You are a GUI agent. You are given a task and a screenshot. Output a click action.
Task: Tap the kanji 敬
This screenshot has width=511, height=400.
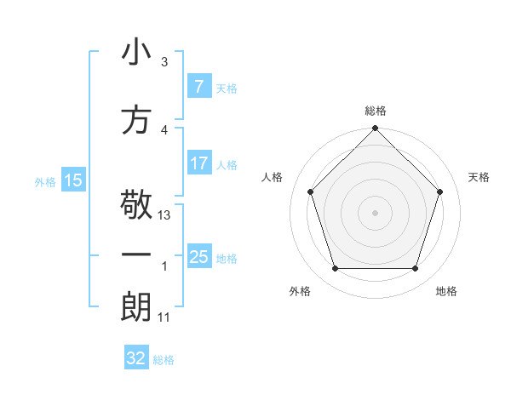pos(136,205)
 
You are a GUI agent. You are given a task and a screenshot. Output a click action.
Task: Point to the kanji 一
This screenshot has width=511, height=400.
pos(136,254)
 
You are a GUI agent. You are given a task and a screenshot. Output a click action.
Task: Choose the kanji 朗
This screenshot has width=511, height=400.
pos(136,306)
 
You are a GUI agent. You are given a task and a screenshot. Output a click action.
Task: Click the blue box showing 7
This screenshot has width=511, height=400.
pos(198,87)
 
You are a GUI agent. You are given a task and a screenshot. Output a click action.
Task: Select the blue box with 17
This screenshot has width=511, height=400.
pos(198,163)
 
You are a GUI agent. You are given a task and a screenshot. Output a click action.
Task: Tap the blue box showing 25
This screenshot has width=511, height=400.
pos(198,257)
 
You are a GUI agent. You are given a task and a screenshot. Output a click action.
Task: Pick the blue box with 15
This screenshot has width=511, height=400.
pos(72,180)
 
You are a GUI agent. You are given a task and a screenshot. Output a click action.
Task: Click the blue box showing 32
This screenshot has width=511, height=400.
pos(136,358)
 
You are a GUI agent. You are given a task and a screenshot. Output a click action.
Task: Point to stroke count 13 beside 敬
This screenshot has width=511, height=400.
pos(165,215)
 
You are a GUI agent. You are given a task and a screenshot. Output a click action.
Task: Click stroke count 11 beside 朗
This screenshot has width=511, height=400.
pos(164,317)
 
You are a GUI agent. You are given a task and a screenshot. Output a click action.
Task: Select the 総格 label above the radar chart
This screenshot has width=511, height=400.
pos(376,111)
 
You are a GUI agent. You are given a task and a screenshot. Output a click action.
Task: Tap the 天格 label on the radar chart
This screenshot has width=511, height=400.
pos(479,177)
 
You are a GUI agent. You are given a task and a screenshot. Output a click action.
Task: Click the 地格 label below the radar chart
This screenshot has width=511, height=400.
pos(446,291)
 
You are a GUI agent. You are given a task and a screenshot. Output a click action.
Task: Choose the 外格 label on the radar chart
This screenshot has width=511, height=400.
pos(300,291)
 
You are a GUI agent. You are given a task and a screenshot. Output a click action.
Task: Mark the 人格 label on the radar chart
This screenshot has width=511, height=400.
pos(273,177)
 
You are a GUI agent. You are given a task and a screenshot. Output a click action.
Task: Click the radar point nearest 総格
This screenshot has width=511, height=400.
pos(375,129)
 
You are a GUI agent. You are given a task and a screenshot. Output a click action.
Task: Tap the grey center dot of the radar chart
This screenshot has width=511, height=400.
pos(375,212)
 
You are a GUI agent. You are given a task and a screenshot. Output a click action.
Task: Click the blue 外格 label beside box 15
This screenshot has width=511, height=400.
pos(45,181)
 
